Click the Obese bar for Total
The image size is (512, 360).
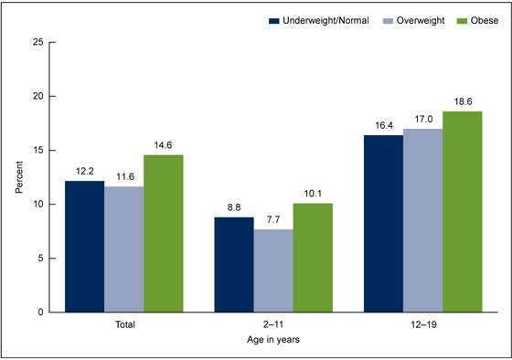[x=163, y=233]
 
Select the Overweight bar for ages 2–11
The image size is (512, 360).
[x=274, y=270]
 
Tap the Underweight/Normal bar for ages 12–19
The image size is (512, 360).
[x=384, y=224]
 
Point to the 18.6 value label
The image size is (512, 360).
[x=462, y=104]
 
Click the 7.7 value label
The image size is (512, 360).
[x=274, y=221]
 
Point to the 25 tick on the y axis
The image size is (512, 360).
[x=37, y=42]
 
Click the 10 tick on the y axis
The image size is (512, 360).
[x=37, y=205]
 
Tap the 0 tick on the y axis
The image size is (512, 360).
[x=39, y=312]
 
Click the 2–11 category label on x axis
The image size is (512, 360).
[x=274, y=323]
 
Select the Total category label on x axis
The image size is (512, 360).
[x=123, y=323]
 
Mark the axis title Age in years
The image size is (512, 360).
[x=273, y=340]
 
